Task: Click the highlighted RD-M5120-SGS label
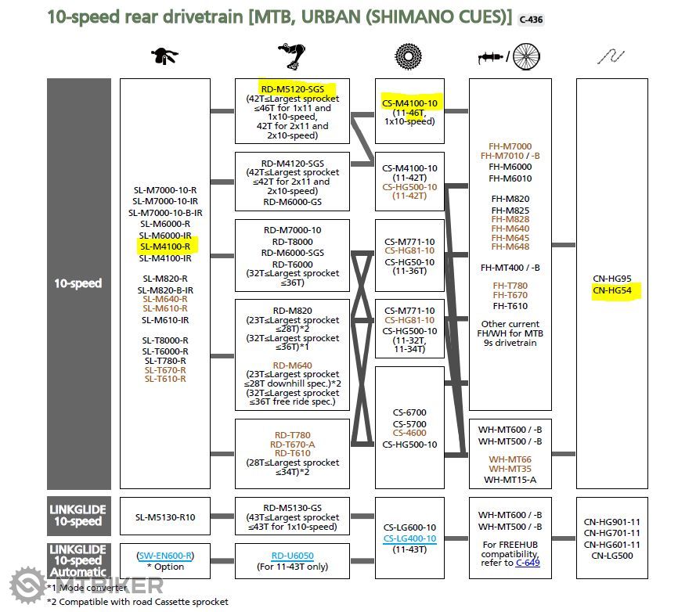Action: coord(291,88)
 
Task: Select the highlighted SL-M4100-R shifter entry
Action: coord(165,247)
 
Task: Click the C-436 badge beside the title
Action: coord(530,18)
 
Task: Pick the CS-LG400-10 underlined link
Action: coord(409,538)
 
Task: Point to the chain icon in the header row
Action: coord(612,56)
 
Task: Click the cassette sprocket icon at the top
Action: coord(409,56)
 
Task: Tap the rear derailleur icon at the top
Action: coord(291,56)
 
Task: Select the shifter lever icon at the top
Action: coord(165,56)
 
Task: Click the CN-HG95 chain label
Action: coord(612,278)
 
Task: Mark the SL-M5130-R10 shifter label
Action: coord(165,517)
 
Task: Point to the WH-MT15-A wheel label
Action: coord(510,480)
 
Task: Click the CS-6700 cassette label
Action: coord(409,412)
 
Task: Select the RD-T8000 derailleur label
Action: coord(292,242)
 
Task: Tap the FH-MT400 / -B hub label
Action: coord(510,268)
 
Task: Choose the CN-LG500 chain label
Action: coord(612,556)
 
